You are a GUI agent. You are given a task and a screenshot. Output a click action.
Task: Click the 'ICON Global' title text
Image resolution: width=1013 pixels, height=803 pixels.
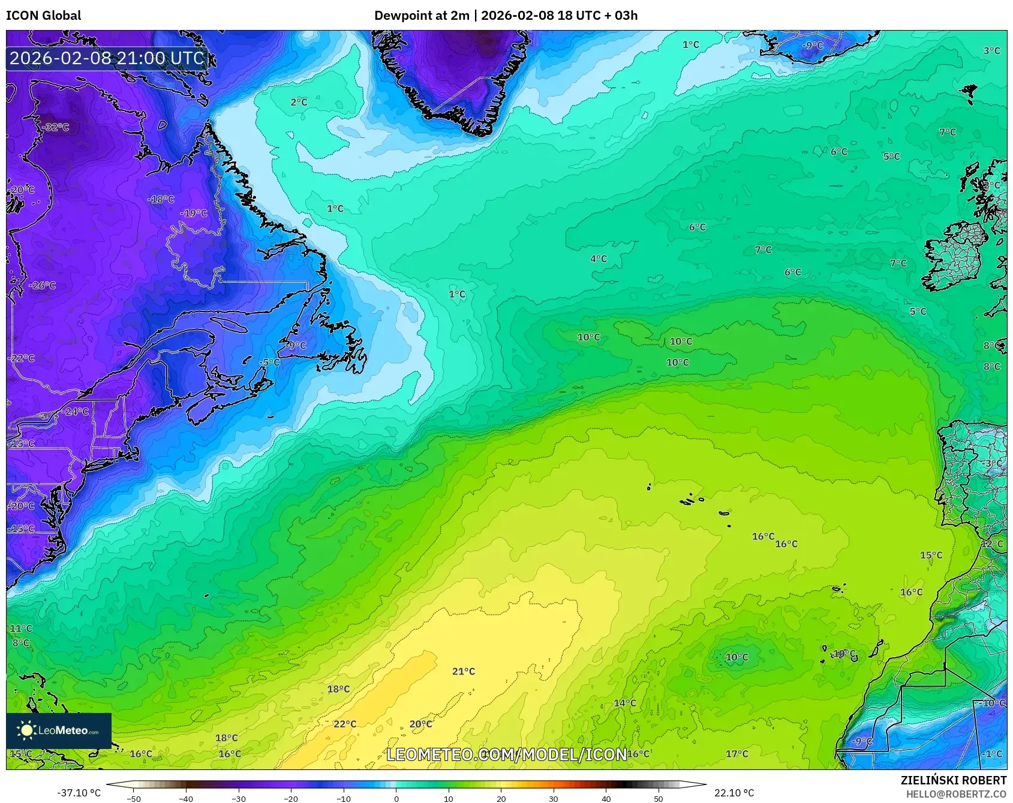click(43, 16)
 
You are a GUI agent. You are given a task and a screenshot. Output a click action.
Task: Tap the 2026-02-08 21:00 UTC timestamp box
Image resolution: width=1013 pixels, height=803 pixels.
click(107, 58)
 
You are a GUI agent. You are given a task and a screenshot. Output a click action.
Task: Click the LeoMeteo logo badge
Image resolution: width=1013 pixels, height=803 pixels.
click(59, 730)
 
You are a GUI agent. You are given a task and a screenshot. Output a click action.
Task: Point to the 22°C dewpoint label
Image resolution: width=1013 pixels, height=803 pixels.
click(345, 724)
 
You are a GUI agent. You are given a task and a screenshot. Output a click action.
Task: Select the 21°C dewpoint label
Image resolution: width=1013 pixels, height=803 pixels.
click(463, 672)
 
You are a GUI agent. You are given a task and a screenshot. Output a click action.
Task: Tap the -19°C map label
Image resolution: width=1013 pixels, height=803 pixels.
click(194, 213)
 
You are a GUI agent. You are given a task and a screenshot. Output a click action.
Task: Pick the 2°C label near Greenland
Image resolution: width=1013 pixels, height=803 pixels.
click(299, 102)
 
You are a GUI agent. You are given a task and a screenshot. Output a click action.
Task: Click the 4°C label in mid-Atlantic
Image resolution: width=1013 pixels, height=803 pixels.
click(598, 259)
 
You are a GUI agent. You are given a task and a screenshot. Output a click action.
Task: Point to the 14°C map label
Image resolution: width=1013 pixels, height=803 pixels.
click(624, 703)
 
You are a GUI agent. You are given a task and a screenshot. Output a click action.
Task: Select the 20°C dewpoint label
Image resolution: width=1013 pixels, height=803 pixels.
click(420, 724)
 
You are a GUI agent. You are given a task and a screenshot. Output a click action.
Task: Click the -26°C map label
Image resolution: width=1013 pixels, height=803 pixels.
click(42, 285)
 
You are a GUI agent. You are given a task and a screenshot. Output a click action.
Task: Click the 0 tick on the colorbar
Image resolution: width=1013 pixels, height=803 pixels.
click(396, 799)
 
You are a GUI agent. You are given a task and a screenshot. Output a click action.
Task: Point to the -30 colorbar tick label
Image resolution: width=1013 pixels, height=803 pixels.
click(238, 799)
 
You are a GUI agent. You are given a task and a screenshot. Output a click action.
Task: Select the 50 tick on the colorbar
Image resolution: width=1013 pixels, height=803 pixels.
click(659, 799)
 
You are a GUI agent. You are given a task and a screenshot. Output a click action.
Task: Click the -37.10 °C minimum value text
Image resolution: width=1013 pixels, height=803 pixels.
click(79, 793)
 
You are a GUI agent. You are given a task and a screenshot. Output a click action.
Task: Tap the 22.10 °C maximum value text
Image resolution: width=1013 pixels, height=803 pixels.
click(734, 793)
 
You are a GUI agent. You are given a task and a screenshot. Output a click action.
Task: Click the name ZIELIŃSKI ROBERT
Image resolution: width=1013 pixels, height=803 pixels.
click(953, 780)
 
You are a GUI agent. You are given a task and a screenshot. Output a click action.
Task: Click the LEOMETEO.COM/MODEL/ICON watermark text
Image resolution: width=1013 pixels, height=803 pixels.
click(507, 754)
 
